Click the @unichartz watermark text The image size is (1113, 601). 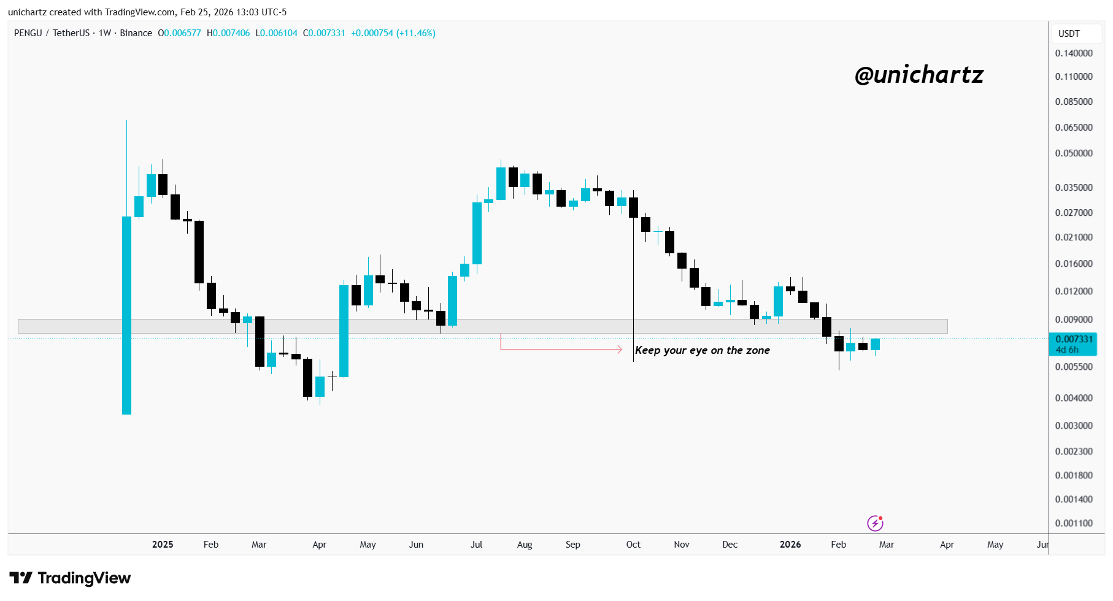919,75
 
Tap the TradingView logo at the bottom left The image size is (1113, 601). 70,578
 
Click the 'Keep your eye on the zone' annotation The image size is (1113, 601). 702,350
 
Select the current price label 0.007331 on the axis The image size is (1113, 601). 1073,339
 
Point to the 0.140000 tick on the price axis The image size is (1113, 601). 1073,53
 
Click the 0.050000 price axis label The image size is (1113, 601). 1073,153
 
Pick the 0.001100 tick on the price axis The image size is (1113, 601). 1073,523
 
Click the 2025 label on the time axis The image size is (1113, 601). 163,545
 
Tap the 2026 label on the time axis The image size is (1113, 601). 790,545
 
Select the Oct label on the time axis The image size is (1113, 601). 633,545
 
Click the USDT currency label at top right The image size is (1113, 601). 1068,34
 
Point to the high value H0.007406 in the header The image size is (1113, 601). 228,33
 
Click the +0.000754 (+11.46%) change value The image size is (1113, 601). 393,33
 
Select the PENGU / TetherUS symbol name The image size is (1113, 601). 52,33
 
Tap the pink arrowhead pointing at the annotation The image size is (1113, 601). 620,350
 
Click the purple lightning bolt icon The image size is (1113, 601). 875,523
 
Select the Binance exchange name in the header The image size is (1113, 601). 136,33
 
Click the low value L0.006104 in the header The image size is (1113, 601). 276,33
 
